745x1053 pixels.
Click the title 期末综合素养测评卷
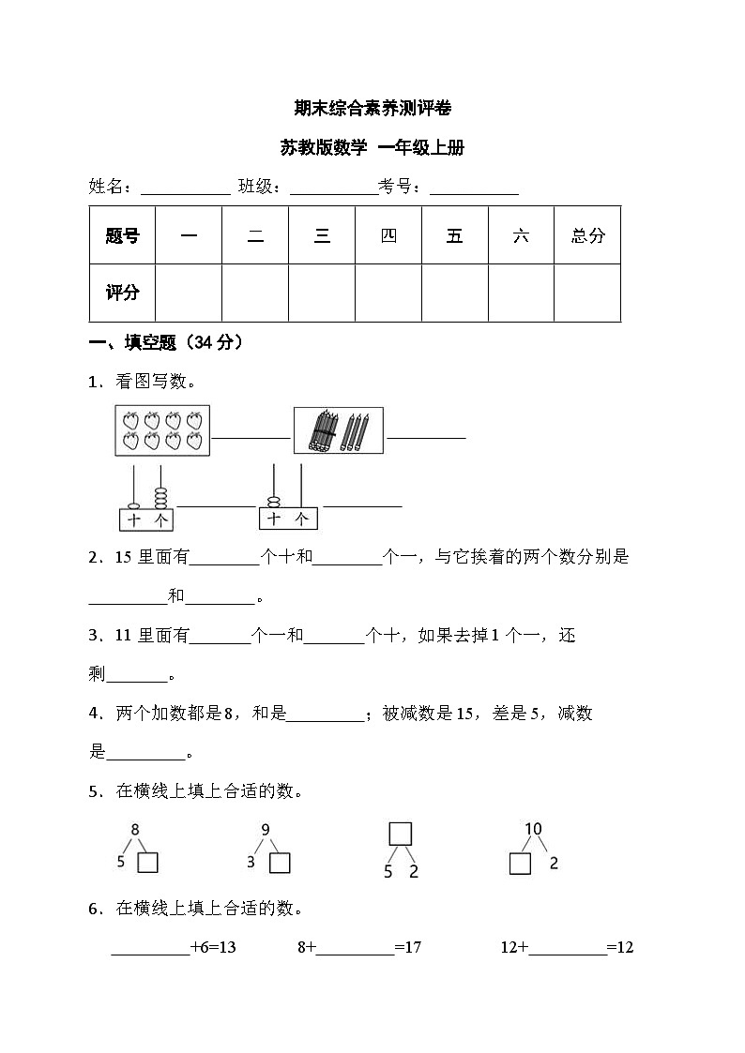372,109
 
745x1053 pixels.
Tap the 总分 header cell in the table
587,235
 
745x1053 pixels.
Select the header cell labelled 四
388,235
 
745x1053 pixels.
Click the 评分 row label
122,293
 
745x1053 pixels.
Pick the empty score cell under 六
521,293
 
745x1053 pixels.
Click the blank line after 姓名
185,188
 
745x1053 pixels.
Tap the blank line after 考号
474,188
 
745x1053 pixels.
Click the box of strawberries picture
162,430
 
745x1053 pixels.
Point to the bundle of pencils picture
339,430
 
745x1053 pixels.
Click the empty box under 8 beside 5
147,863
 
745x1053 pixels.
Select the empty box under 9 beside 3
280,863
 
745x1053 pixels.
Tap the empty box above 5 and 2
401,834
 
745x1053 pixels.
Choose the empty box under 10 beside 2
520,863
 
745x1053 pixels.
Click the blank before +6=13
150,948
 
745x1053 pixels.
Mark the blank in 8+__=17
356,948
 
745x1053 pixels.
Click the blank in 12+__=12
568,948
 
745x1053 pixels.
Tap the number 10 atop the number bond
533,829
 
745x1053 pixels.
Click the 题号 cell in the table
122,235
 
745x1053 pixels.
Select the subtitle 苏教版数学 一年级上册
372,147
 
